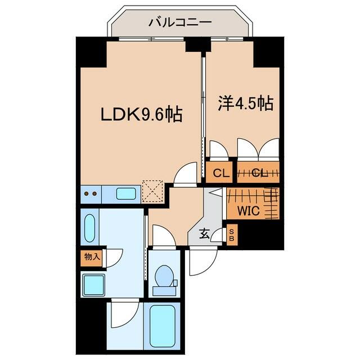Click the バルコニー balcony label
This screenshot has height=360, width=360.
(180, 22)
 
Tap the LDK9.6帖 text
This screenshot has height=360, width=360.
(141, 114)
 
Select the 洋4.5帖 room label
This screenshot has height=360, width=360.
(245, 103)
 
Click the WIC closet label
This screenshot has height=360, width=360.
(249, 210)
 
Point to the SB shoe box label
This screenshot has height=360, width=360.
(231, 235)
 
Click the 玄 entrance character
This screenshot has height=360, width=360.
(204, 234)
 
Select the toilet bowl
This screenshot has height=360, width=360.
(164, 276)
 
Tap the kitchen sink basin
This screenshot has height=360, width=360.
(126, 193)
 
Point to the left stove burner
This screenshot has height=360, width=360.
(86, 193)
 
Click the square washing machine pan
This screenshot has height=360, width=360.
(94, 285)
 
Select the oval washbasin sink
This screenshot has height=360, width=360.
(89, 228)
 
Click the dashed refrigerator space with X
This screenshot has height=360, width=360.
(153, 191)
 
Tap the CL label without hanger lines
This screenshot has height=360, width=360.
(221, 173)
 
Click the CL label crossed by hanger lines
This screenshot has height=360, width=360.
(260, 173)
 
